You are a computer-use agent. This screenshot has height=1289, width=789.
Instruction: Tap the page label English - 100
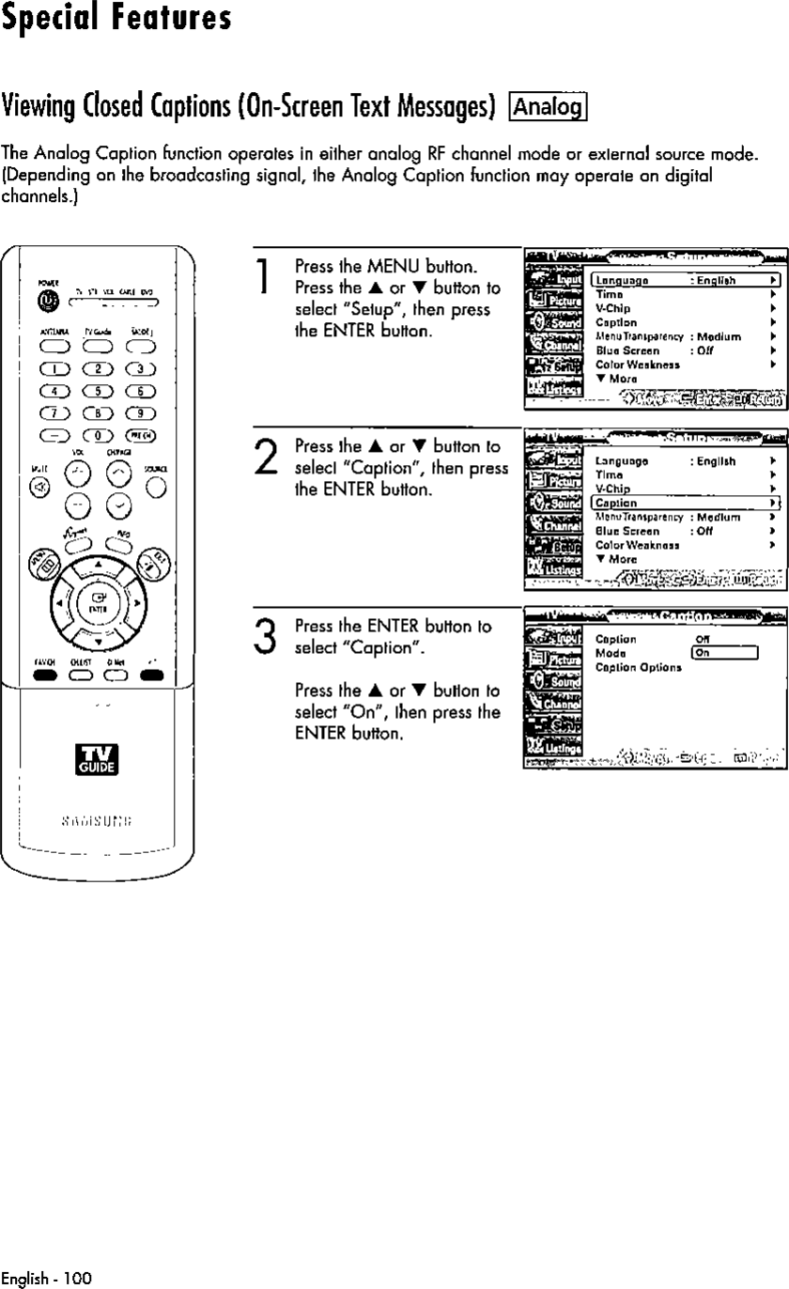point(46,1278)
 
